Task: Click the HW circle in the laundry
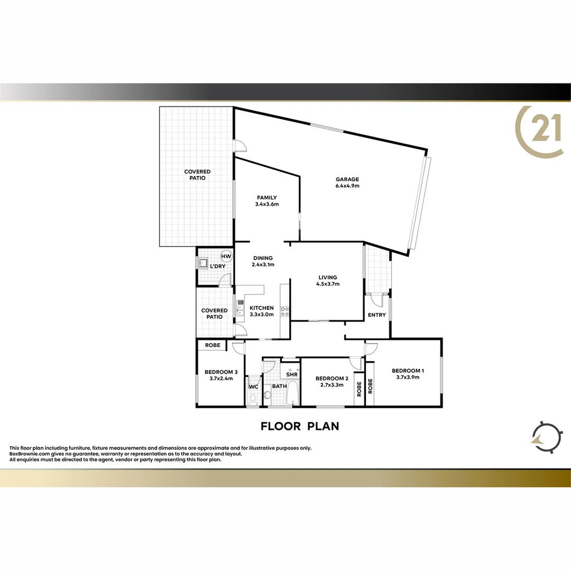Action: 226,256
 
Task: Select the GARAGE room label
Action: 347,182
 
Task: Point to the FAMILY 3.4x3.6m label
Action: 266,201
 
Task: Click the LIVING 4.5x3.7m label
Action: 328,280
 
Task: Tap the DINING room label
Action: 263,261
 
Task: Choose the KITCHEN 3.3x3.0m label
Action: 262,311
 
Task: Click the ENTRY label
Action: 377,315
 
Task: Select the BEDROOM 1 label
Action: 408,374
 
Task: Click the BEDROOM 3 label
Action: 221,375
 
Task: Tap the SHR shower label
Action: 291,374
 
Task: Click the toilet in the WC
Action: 253,397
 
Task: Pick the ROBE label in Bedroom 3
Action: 213,345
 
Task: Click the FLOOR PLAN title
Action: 300,426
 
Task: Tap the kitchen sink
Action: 241,308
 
